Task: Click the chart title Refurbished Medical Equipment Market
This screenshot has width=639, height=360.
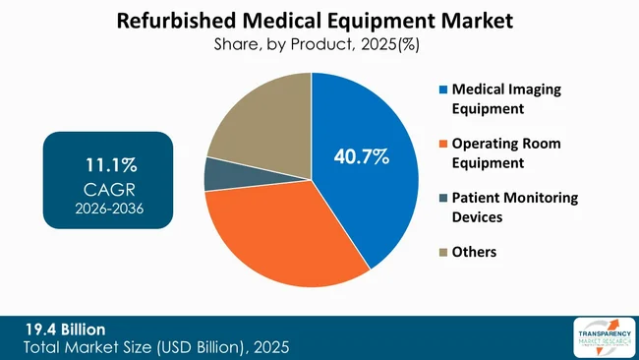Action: point(319,20)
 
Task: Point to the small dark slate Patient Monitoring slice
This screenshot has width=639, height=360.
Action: point(214,174)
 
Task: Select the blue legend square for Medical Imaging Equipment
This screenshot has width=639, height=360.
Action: point(443,90)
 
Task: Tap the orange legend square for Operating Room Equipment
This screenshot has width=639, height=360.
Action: point(443,144)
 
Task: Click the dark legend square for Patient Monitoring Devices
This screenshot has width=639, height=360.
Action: point(443,198)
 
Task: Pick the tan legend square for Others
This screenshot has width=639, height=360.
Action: point(443,252)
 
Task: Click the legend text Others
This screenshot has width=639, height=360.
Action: point(475,252)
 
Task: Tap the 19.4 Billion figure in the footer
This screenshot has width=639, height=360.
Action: point(65,330)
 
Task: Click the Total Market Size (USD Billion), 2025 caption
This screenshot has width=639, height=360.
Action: point(157,347)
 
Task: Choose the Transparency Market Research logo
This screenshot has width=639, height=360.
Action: point(601,337)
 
